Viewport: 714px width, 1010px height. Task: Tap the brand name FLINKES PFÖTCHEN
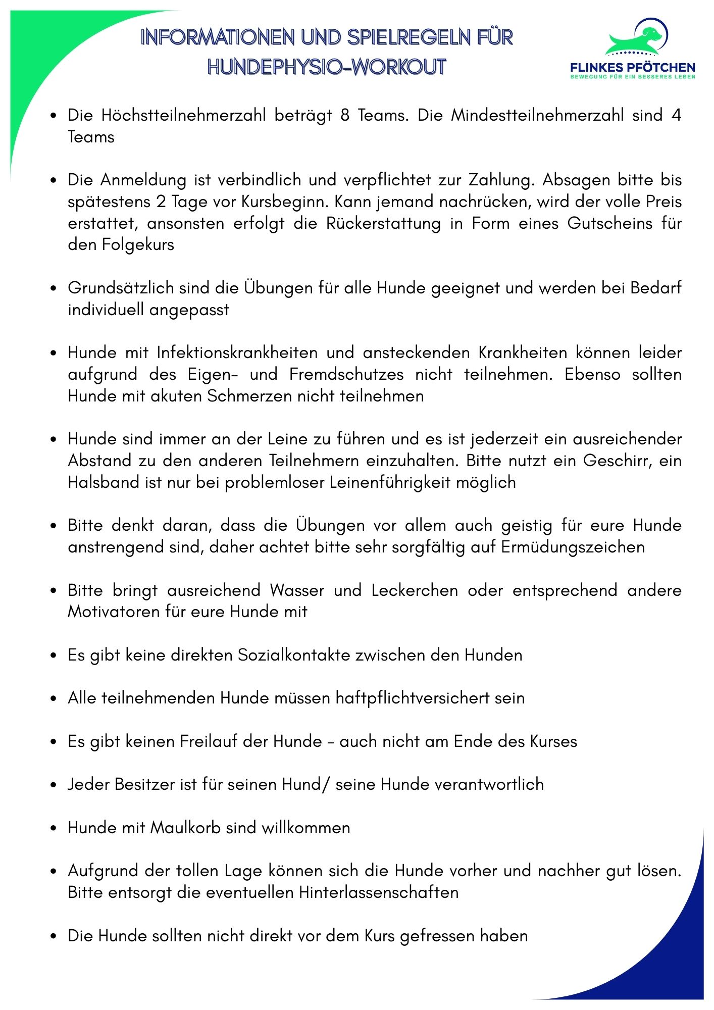pos(632,68)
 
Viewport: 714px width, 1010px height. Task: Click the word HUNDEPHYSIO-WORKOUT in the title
pos(327,67)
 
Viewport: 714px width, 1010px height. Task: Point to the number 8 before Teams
pos(345,115)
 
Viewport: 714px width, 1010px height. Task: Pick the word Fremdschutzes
pos(346,374)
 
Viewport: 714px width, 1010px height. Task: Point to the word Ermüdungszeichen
pos(573,547)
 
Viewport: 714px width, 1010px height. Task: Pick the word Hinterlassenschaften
pos(379,892)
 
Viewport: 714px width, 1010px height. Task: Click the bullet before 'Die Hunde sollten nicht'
pos(53,936)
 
